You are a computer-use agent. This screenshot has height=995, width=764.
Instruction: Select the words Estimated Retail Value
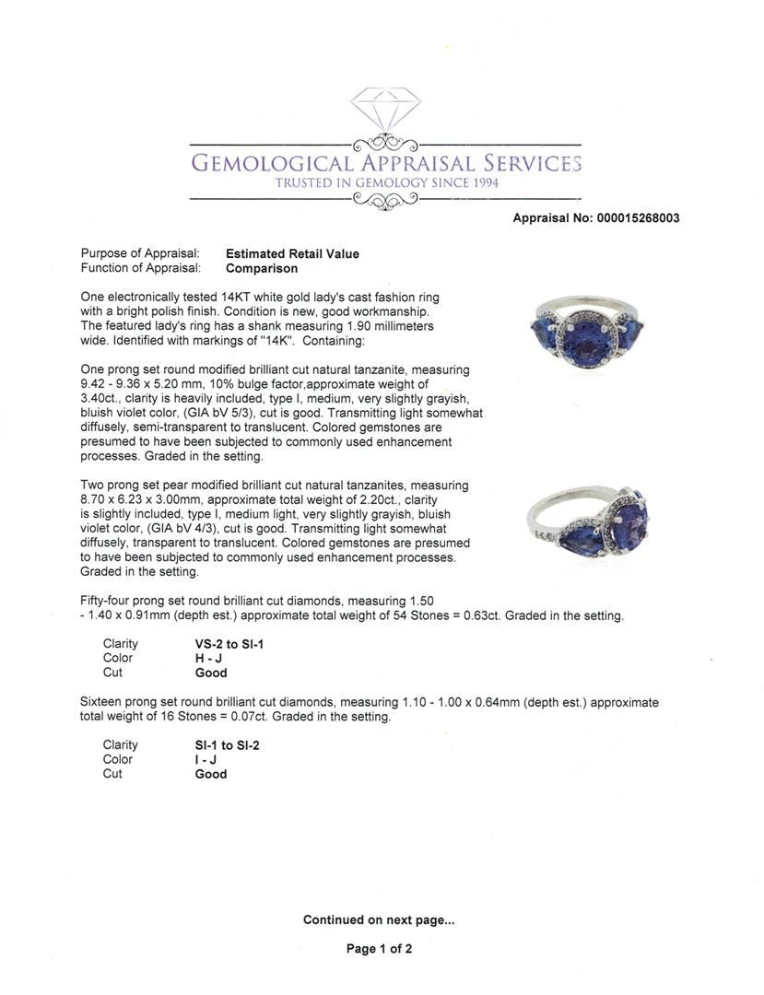click(x=292, y=254)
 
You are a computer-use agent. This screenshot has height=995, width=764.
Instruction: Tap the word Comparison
click(x=262, y=269)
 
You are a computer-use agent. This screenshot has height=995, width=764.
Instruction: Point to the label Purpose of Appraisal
click(x=140, y=254)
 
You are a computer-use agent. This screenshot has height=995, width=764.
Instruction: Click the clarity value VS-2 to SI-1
click(x=223, y=644)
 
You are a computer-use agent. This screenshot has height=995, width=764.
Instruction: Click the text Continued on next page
click(x=379, y=919)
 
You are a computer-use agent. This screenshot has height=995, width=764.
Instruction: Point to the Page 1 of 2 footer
click(x=379, y=949)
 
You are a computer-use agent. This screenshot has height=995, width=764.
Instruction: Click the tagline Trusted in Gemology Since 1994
click(x=386, y=183)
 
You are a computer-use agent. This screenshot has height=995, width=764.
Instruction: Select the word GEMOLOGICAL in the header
click(x=271, y=164)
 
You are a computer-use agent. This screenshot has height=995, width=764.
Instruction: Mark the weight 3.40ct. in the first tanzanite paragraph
click(x=102, y=399)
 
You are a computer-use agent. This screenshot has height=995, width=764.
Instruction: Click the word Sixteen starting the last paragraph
click(x=103, y=702)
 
